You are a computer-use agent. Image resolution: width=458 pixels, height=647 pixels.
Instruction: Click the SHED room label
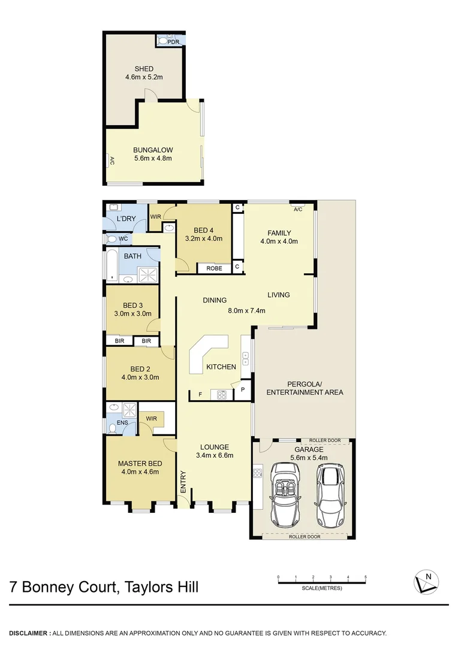point(144,69)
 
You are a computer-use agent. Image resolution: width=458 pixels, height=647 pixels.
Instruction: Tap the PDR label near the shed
point(173,41)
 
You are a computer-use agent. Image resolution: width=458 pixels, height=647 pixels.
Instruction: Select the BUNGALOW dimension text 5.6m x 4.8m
point(153,158)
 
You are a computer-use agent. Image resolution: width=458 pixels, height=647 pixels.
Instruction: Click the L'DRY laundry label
point(126,219)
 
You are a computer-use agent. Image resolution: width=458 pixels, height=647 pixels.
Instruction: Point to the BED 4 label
point(204,230)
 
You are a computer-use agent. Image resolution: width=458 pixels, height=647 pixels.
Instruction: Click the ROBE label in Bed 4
point(214,268)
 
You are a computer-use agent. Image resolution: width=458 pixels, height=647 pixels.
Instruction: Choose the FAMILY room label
point(279,233)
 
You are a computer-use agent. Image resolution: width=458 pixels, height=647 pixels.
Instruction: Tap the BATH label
point(132,256)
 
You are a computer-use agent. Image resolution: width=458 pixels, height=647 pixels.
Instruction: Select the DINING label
point(215,301)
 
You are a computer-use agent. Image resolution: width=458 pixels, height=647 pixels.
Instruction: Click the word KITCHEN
point(221,367)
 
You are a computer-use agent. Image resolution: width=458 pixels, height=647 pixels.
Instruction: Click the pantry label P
point(243,389)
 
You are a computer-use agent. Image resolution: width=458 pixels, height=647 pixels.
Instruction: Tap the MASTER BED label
point(140,463)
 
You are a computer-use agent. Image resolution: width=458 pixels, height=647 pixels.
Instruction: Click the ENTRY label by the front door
point(183,483)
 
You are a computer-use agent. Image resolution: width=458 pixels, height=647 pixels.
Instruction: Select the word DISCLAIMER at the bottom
point(28,633)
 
